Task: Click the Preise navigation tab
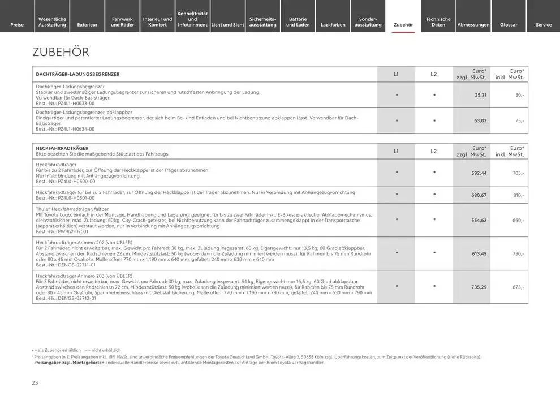pyautogui.click(x=17, y=24)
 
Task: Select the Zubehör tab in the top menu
pyautogui.click(x=403, y=24)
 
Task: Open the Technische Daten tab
pyautogui.click(x=438, y=21)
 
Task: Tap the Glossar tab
pyautogui.click(x=509, y=24)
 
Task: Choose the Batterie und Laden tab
pyautogui.click(x=298, y=21)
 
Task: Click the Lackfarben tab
pyautogui.click(x=333, y=24)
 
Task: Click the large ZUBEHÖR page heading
pyautogui.click(x=61, y=52)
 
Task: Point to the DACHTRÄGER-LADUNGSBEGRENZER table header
pyautogui.click(x=77, y=74)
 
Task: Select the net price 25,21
pyautogui.click(x=480, y=95)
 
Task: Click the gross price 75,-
pyautogui.click(x=519, y=120)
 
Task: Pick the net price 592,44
pyautogui.click(x=479, y=173)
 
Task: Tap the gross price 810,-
pyautogui.click(x=518, y=195)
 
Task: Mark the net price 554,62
pyautogui.click(x=479, y=220)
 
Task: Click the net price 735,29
pyautogui.click(x=479, y=287)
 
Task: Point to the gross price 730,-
pyautogui.click(x=518, y=253)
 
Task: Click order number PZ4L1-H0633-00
pyautogui.click(x=65, y=104)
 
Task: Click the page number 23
pyautogui.click(x=35, y=383)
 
